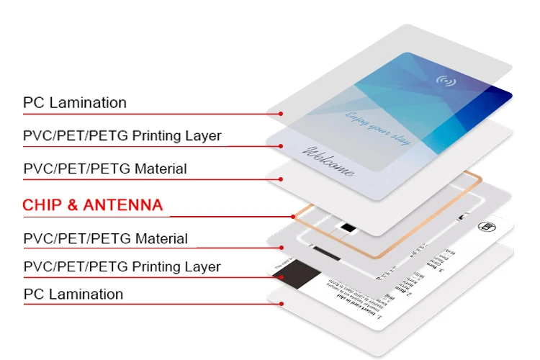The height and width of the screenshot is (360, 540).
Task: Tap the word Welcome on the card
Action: pyautogui.click(x=330, y=161)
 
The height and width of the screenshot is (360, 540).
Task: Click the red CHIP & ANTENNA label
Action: pyautogui.click(x=93, y=205)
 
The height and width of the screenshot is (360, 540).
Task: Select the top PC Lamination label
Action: pyautogui.click(x=74, y=103)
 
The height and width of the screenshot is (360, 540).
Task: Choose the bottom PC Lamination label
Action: pyautogui.click(x=73, y=294)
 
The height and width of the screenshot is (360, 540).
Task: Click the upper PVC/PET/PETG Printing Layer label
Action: pyautogui.click(x=122, y=136)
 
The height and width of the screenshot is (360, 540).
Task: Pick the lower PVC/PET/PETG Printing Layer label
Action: pyautogui.click(x=122, y=267)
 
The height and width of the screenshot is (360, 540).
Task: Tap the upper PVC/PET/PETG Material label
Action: pyautogui.click(x=105, y=169)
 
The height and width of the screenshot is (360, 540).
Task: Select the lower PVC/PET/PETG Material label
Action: pyautogui.click(x=105, y=238)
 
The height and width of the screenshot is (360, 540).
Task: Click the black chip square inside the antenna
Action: pyautogui.click(x=348, y=228)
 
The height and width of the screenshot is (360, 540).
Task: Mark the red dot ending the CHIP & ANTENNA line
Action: pyautogui.click(x=293, y=216)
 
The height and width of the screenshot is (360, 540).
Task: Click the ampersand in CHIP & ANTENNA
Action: pyautogui.click(x=71, y=205)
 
